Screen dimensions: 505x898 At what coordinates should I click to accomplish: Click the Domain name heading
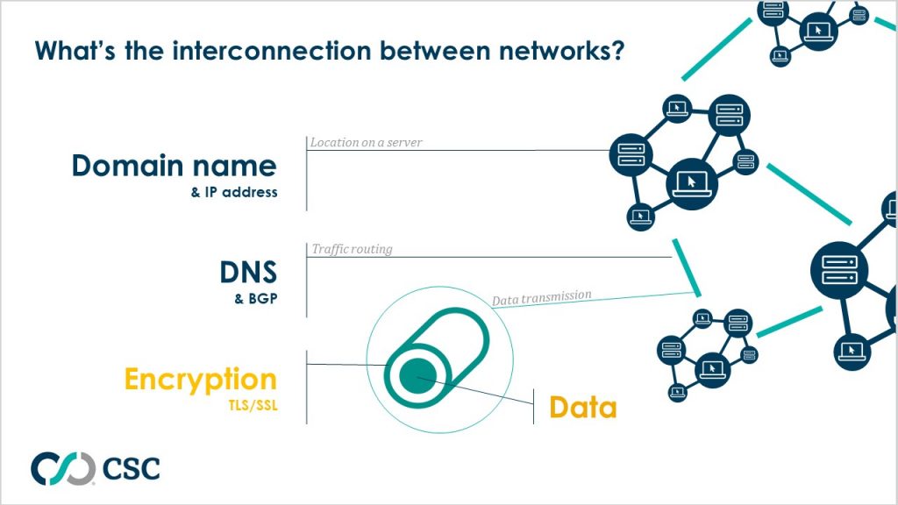click(x=174, y=166)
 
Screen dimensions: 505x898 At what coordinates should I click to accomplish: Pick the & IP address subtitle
click(x=234, y=193)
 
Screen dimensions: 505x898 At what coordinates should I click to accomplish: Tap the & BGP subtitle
click(x=256, y=299)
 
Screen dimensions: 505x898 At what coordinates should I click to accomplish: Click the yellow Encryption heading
click(x=201, y=380)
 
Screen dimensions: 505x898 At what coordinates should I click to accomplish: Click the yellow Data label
click(x=582, y=408)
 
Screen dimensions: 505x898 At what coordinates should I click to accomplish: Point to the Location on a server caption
click(x=366, y=142)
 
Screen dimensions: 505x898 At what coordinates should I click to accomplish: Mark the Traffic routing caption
click(x=352, y=249)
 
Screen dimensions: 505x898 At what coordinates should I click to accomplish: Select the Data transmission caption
click(x=541, y=298)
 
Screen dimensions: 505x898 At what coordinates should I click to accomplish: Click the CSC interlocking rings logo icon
click(x=62, y=468)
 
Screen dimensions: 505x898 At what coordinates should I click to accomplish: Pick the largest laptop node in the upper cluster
click(x=691, y=181)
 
